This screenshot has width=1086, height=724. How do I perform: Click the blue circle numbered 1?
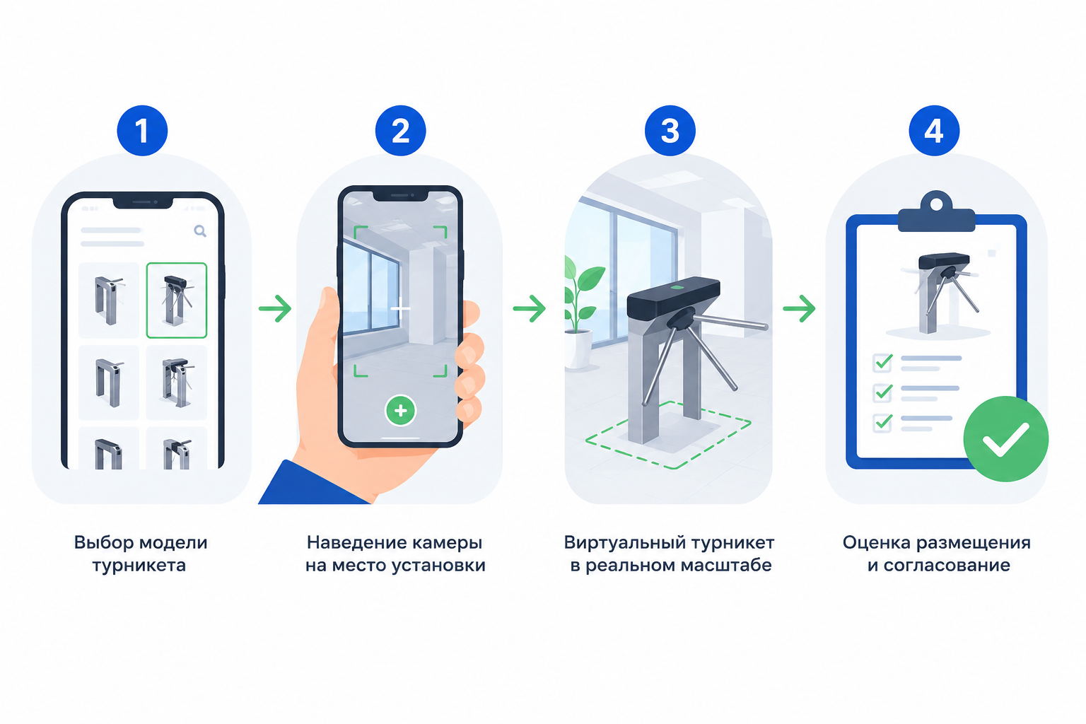(142, 130)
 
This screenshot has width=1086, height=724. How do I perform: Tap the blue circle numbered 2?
(400, 130)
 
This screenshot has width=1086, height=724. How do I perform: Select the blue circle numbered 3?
(670, 130)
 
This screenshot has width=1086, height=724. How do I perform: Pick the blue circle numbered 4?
(934, 130)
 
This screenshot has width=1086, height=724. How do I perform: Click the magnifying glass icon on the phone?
(200, 231)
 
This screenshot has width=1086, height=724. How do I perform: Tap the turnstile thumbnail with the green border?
(177, 300)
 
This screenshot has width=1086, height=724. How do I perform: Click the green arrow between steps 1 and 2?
(275, 308)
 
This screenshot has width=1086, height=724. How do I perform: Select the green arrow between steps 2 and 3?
(530, 308)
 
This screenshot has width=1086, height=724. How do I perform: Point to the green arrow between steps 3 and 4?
(799, 308)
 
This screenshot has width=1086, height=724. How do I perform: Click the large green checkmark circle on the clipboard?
(1005, 439)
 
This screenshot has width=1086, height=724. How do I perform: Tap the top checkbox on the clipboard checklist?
(882, 362)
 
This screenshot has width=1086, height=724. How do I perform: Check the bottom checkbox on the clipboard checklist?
(882, 422)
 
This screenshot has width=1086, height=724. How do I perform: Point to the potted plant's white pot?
(578, 348)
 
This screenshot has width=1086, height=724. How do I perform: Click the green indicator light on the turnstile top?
(677, 288)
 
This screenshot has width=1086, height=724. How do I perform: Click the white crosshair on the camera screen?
(400, 308)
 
